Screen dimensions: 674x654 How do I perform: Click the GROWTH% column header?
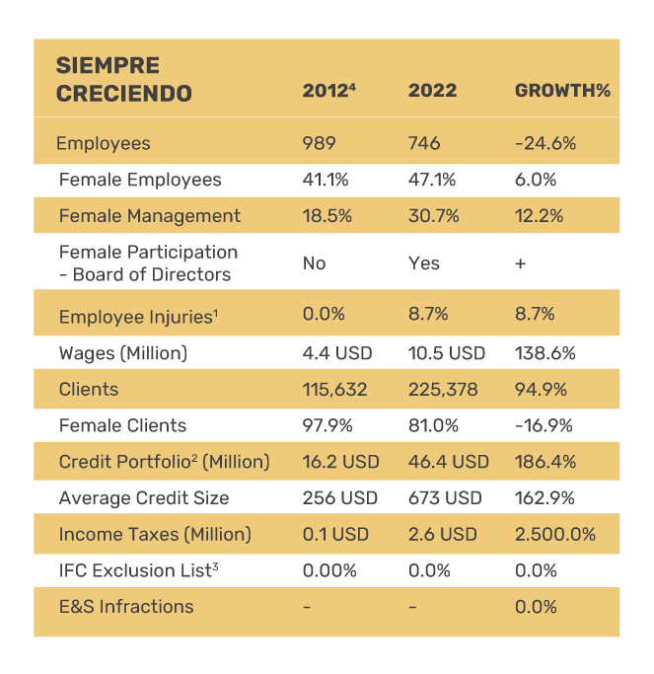[562, 91]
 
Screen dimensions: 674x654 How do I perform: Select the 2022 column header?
[432, 91]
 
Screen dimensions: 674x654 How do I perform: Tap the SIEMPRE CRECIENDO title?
[123, 80]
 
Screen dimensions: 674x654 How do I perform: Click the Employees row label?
[104, 143]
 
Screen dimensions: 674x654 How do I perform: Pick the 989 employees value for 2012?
[319, 143]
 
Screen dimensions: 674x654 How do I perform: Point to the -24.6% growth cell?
[545, 143]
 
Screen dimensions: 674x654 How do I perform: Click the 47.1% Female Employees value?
[431, 180]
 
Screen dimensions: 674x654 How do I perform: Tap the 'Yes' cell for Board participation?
[423, 263]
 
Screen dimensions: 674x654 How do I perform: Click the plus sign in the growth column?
[520, 263]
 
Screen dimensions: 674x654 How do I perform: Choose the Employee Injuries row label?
[136, 316]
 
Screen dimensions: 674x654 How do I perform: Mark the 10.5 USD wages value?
[447, 352]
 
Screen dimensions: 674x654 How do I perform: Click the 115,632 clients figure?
[334, 389]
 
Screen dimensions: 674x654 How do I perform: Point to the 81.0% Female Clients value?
[431, 425]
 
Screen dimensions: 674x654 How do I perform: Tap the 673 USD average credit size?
[445, 497]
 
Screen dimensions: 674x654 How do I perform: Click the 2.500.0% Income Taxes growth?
[555, 534]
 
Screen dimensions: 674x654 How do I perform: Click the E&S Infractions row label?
[126, 606]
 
